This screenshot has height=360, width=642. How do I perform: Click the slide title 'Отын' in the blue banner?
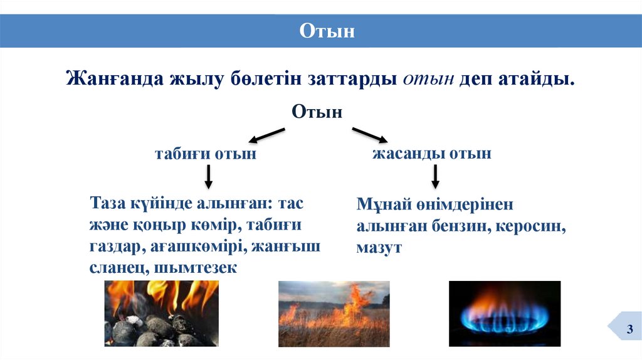pos(327,30)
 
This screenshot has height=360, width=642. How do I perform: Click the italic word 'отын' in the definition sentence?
pos(428,80)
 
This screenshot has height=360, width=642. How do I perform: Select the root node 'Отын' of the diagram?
pos(317,113)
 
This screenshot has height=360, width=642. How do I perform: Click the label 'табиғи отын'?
pos(206,154)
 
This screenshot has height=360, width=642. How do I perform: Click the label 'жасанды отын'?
pos(432,153)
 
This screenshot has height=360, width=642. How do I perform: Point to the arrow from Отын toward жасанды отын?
pos(371,134)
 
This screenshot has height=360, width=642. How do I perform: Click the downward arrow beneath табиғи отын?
pos(209,177)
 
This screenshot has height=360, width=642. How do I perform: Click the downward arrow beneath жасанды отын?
pos(434,177)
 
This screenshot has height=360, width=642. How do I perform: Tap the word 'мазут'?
pos(379,247)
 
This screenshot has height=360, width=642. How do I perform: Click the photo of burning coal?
pos(161,313)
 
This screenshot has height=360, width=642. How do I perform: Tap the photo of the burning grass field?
pos(334,313)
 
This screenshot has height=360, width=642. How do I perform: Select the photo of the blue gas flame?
pos(504,313)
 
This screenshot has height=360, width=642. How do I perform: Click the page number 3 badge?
pos(629,330)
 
